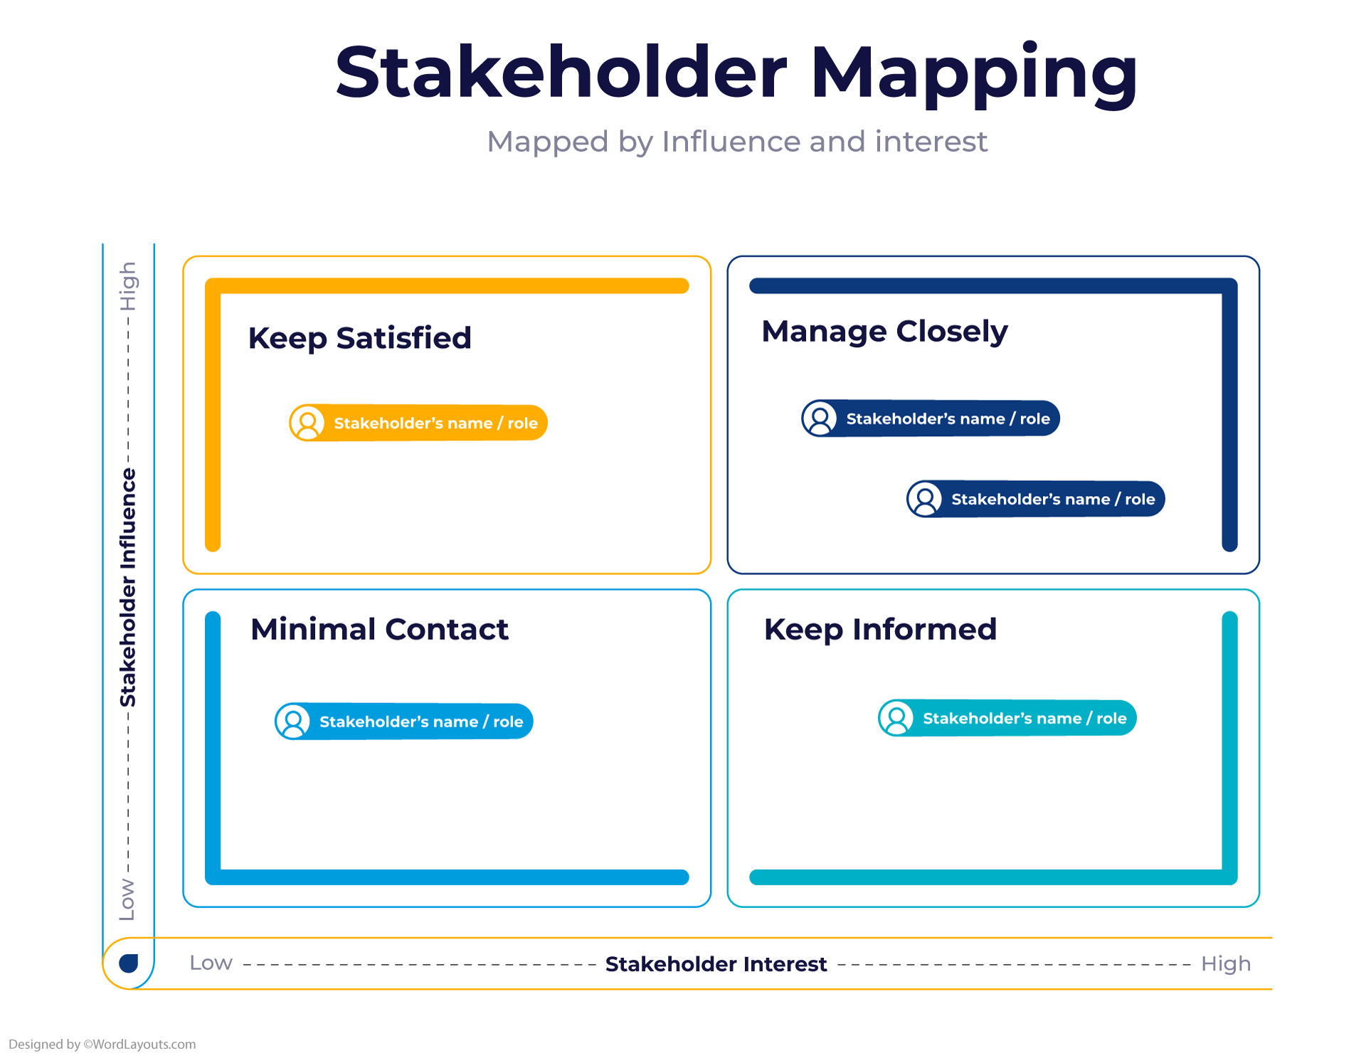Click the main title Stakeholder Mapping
point(736,73)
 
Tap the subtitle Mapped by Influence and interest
point(737,142)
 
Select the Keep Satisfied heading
point(359,338)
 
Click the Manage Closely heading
point(884,332)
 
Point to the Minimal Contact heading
point(379,630)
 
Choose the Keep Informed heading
point(880,630)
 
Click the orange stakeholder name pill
point(419,423)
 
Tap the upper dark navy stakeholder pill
point(931,418)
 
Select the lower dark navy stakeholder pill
point(1036,499)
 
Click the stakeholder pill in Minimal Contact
point(404,722)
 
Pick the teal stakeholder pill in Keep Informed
point(1007,718)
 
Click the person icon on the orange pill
point(308,423)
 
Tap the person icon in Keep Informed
point(896,717)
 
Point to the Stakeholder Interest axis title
point(716,964)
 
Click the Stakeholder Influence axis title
point(128,587)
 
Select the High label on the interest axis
point(1225,964)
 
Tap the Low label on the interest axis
point(211,963)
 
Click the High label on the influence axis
point(128,287)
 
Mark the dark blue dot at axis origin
point(129,963)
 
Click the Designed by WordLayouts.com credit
point(102,1044)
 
